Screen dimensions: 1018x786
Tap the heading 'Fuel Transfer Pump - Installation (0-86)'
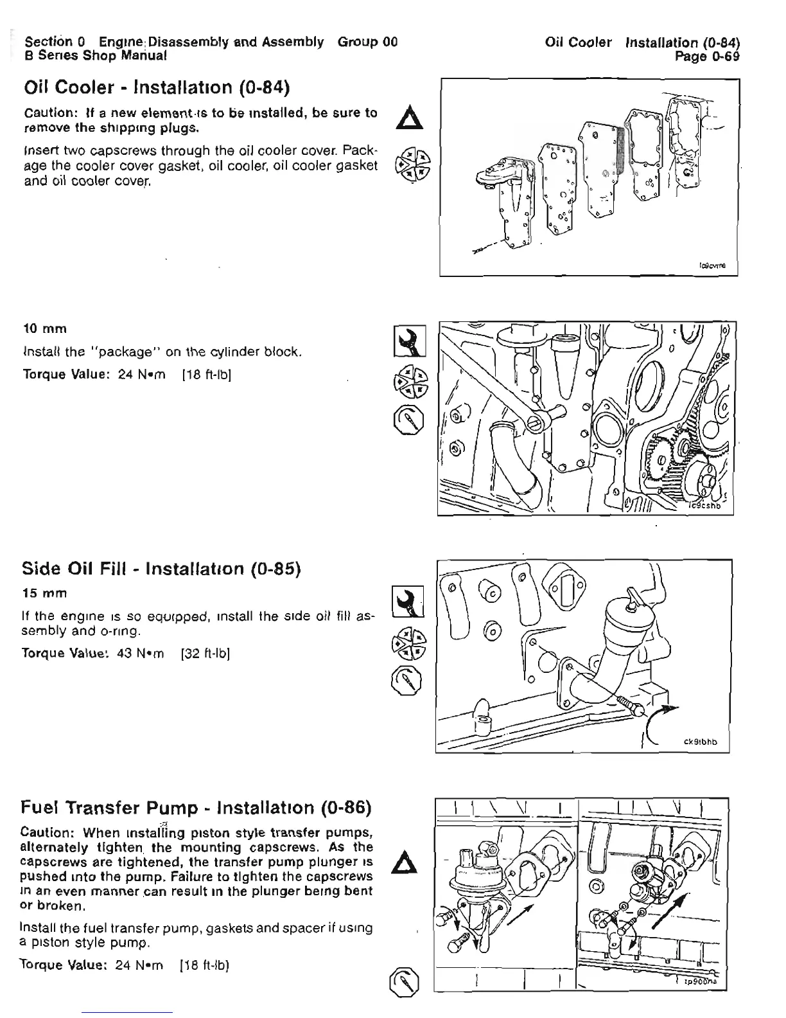pyautogui.click(x=197, y=807)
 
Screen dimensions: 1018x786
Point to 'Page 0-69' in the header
pyautogui.click(x=708, y=56)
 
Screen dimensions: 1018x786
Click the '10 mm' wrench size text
pyautogui.click(x=44, y=329)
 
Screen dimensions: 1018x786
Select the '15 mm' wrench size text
pyautogui.click(x=44, y=591)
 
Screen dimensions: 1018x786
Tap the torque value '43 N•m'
pyautogui.click(x=141, y=654)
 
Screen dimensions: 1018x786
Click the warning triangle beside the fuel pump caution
pyautogui.click(x=409, y=861)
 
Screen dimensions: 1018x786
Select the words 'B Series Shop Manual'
pyautogui.click(x=95, y=56)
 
